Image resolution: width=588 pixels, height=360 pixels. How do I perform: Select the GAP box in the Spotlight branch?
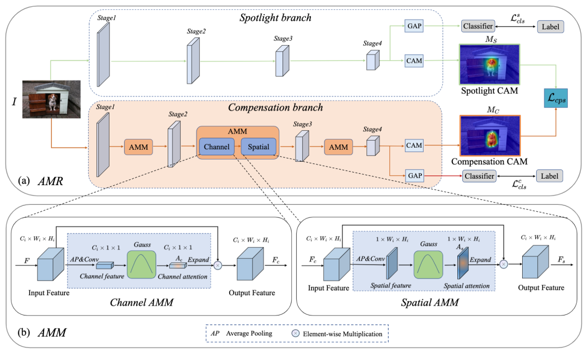coord(413,26)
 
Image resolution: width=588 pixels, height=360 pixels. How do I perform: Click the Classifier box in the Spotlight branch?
coord(479,26)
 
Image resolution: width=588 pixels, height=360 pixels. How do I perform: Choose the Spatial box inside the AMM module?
coord(259,147)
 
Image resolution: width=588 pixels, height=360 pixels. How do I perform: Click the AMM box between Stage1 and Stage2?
coord(140,147)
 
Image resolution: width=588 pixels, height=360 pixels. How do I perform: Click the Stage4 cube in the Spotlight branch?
coord(372,60)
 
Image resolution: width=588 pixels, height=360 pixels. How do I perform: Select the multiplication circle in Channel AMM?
coord(218,265)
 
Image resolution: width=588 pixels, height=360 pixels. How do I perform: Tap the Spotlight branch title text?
coord(275,17)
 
